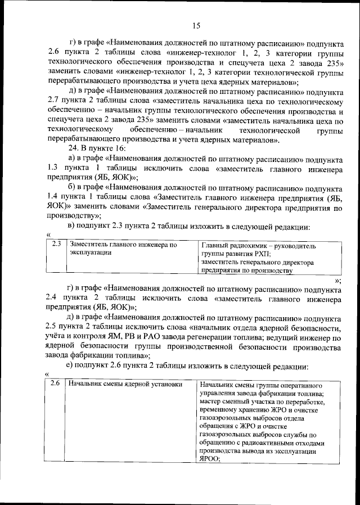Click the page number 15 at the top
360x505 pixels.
(x=195, y=25)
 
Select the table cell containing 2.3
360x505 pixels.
(x=55, y=245)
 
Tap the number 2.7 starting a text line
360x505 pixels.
(x=54, y=101)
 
